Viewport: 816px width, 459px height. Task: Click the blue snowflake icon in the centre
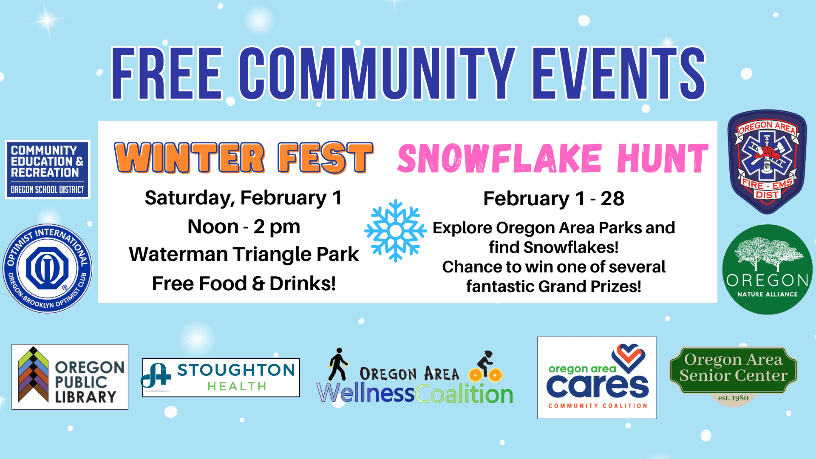click(395, 231)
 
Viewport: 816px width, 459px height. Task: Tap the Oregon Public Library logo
click(70, 377)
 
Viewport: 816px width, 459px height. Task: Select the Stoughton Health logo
click(221, 377)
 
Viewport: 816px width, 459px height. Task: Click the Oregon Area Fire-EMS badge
click(767, 162)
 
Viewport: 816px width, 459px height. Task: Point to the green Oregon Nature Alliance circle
click(767, 269)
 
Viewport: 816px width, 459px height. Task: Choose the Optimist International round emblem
click(47, 269)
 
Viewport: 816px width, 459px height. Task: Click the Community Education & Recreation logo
click(48, 170)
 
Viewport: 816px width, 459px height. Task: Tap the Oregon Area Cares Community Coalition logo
click(597, 378)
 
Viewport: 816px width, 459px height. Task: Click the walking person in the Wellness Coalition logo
click(338, 364)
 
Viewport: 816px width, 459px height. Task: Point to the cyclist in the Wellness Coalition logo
click(486, 366)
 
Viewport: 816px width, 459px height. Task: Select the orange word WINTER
click(190, 158)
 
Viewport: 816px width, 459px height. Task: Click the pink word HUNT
click(663, 158)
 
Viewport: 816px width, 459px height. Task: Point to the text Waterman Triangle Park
click(244, 254)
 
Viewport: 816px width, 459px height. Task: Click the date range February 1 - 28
click(554, 198)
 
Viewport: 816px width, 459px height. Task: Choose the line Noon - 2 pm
click(244, 227)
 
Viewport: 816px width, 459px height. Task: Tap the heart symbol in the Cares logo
click(628, 358)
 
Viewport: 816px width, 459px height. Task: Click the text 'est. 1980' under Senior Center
click(733, 398)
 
